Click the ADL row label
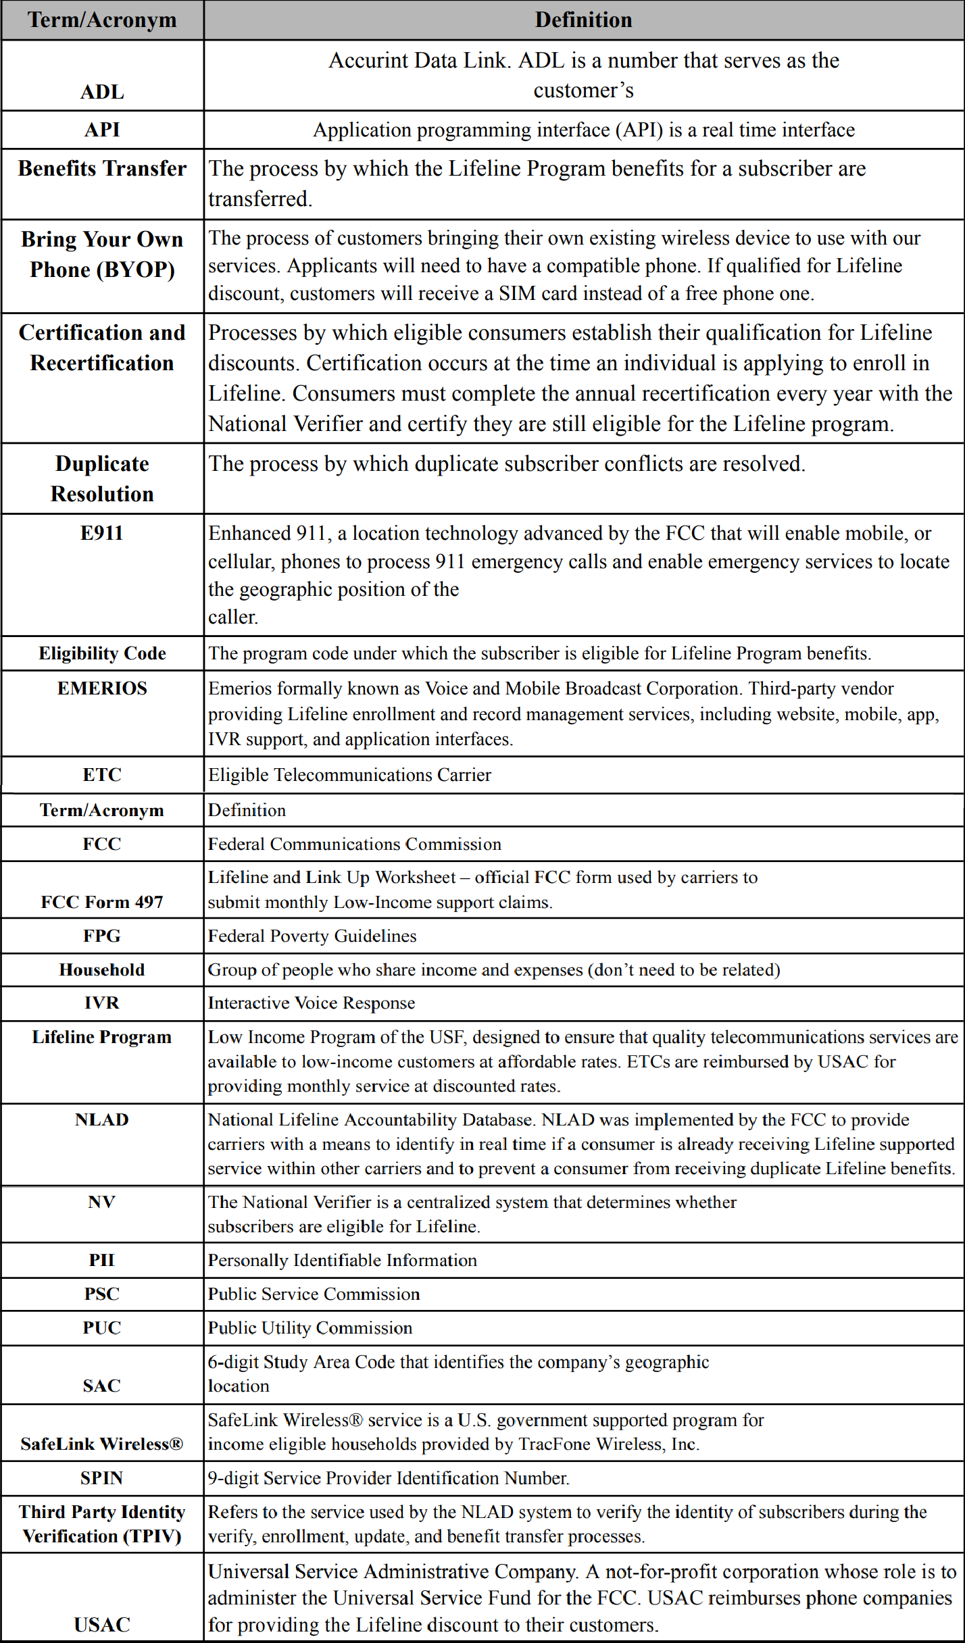click(102, 91)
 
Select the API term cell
click(102, 130)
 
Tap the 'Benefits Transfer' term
click(102, 168)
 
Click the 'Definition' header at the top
click(583, 20)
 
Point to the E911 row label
click(101, 533)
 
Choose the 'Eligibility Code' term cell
click(102, 653)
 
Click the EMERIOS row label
click(102, 688)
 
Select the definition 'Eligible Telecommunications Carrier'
click(349, 775)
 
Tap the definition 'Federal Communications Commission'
click(354, 844)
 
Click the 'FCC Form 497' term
click(102, 902)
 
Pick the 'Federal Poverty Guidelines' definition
click(312, 936)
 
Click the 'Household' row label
click(102, 969)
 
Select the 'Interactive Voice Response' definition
click(311, 1003)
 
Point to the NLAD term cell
click(102, 1119)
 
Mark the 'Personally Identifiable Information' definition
click(342, 1260)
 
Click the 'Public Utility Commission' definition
click(310, 1328)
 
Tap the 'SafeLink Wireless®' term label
click(102, 1444)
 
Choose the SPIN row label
click(102, 1478)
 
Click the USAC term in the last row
click(102, 1625)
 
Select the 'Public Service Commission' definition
click(314, 1294)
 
